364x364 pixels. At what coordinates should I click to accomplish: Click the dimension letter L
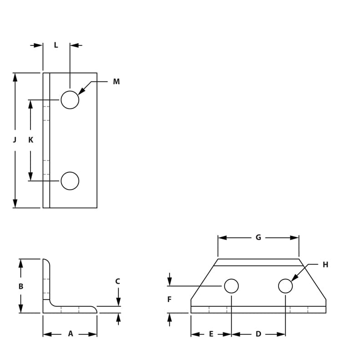[56, 45]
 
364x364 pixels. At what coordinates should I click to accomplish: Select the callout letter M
[116, 82]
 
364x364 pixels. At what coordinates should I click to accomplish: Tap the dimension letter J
[15, 140]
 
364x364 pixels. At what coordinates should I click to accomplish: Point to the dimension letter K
[30, 140]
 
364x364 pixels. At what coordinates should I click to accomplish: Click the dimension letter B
[20, 287]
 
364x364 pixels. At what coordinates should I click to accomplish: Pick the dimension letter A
[71, 334]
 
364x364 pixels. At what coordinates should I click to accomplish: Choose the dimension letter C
[117, 282]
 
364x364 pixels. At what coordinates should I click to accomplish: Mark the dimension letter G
[258, 238]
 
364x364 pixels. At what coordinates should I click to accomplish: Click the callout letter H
[325, 265]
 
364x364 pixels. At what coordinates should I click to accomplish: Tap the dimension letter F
[169, 299]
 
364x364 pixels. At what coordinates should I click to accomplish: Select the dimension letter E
[211, 334]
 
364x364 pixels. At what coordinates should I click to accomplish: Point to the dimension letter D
[258, 334]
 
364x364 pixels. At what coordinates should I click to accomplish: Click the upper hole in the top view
[70, 100]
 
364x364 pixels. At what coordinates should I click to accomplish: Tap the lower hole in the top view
[70, 181]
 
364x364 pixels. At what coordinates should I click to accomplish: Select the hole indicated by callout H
[285, 286]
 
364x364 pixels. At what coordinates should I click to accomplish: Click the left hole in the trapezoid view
[231, 286]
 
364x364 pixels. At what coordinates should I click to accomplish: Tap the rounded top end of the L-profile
[46, 261]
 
